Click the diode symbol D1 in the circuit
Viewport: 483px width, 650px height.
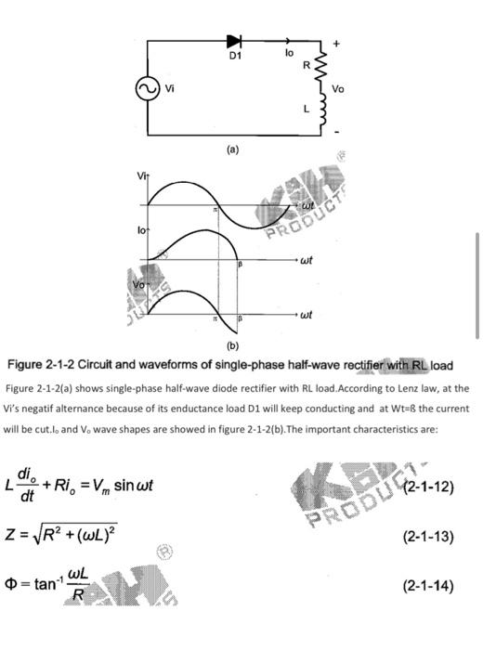(x=234, y=41)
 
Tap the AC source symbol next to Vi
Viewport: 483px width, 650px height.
(x=146, y=88)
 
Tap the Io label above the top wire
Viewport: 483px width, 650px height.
(x=289, y=54)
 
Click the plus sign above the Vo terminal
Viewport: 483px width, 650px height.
(x=337, y=43)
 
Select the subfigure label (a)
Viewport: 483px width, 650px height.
(x=232, y=149)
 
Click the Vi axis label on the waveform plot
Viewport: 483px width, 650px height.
(x=142, y=175)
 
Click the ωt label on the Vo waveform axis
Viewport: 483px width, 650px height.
(x=305, y=316)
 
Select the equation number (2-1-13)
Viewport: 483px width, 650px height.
(x=427, y=536)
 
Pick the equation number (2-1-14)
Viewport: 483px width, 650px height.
(x=427, y=585)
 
